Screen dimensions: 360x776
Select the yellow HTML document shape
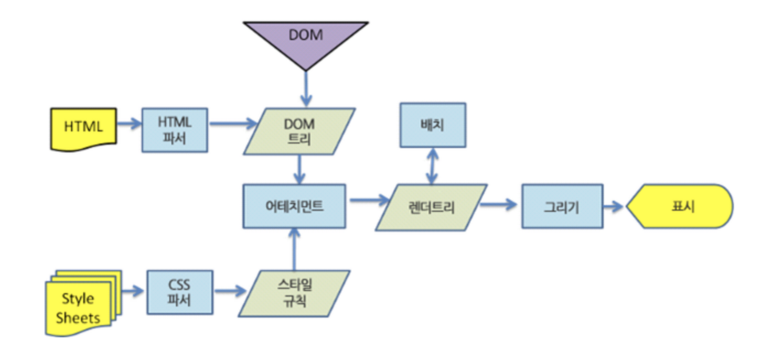tap(84, 127)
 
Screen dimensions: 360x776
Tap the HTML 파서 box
tap(175, 129)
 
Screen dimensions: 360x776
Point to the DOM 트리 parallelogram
tap(299, 131)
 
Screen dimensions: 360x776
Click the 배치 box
tap(433, 124)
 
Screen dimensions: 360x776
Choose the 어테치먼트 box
tap(294, 206)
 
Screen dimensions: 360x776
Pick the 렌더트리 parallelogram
tap(431, 208)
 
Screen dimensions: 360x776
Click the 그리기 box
tap(562, 206)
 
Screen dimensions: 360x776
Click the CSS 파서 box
tap(180, 292)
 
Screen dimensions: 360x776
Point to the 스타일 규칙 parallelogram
tap(294, 293)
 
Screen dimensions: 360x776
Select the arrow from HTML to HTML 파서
tap(128, 123)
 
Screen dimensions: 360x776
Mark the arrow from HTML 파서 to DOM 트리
tap(232, 123)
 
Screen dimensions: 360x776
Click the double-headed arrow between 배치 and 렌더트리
tap(431, 165)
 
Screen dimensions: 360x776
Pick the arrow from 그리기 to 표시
tap(613, 206)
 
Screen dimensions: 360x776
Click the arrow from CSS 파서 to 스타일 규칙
tap(226, 292)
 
